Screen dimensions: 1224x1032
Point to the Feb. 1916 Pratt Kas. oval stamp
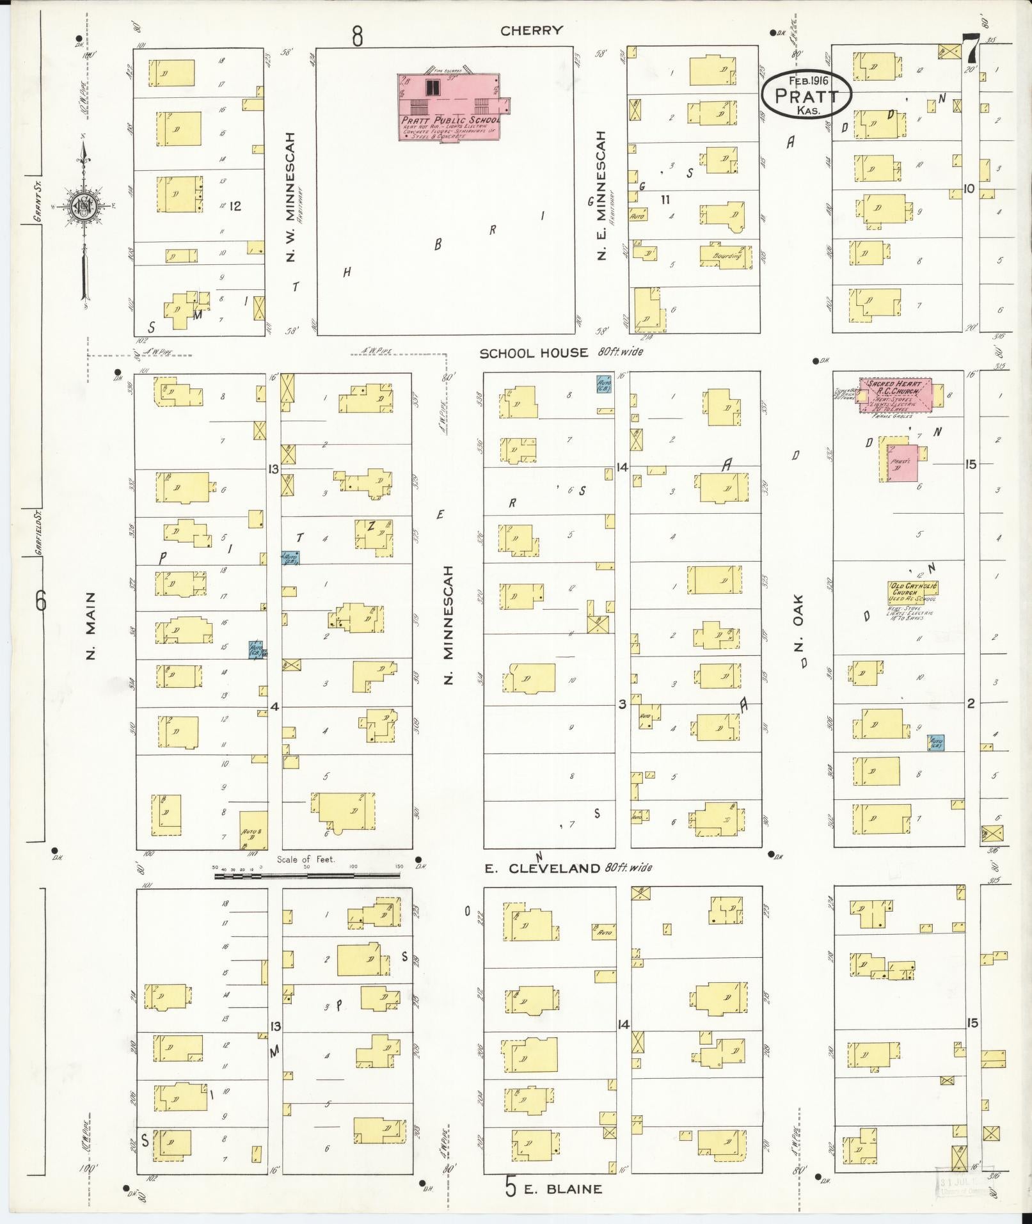[x=807, y=94]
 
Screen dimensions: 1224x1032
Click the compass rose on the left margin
[x=83, y=205]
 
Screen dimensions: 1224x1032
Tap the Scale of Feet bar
[x=308, y=875]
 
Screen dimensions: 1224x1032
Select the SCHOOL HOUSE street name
[x=534, y=353]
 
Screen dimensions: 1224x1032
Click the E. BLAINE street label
[x=563, y=1189]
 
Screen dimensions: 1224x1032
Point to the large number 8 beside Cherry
[x=357, y=36]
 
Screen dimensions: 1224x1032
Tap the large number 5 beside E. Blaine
[x=510, y=1187]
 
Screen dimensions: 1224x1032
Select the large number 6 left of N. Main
[x=42, y=601]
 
